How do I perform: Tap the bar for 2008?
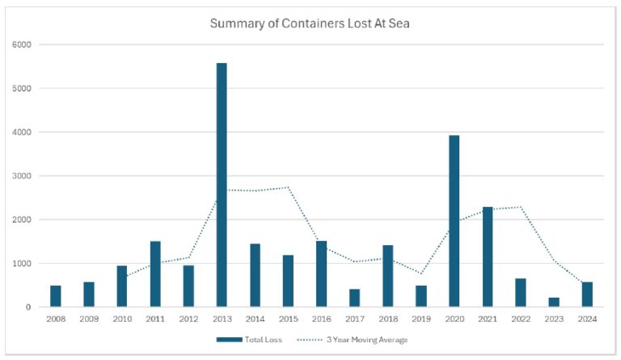(55, 296)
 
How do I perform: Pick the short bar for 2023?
(555, 303)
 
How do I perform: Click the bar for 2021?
(488, 256)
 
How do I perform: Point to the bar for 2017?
(354, 298)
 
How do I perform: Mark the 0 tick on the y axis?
(27, 307)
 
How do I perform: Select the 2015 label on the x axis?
(288, 320)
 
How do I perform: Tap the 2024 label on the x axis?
(588, 320)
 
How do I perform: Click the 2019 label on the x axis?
(421, 320)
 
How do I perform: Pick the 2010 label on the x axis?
(121, 320)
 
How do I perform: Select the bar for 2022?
(521, 293)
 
